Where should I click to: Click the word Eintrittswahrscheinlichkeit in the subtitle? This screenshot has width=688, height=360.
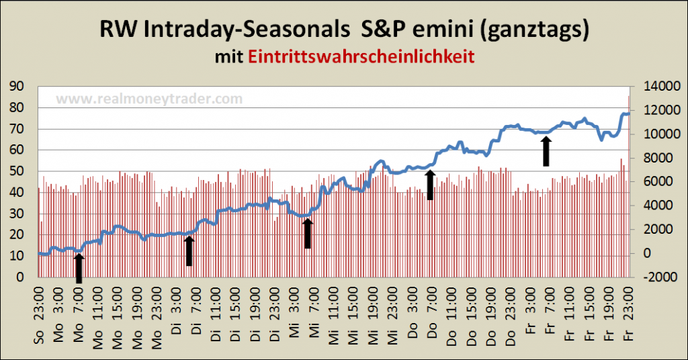tap(361, 56)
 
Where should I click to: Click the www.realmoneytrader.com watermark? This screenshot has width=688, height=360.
tap(148, 99)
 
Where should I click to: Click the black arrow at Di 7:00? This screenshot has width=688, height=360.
tap(189, 251)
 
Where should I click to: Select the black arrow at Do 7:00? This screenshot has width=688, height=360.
tap(431, 185)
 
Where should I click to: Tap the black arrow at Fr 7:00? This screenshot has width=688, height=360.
tap(546, 150)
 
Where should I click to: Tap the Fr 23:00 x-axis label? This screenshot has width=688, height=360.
tap(628, 314)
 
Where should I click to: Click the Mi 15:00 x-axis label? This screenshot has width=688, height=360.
tap(353, 314)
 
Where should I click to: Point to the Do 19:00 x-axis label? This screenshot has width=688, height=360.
tap(490, 314)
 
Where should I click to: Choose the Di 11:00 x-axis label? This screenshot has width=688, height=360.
tap(215, 314)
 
